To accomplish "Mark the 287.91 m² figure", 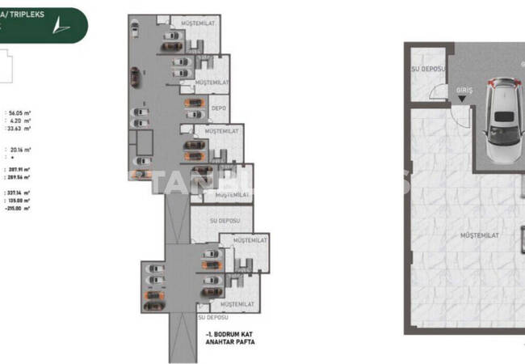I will (x=18, y=170).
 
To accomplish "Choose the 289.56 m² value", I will (x=18, y=177).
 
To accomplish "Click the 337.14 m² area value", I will (x=18, y=193).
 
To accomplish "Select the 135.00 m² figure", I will (x=18, y=201).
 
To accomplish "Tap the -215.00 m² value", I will (x=17, y=208).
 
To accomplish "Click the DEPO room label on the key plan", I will (x=218, y=107).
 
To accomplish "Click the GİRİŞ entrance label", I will (x=463, y=92).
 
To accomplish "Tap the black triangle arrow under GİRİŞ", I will (x=463, y=100).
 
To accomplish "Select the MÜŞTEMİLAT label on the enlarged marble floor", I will (x=477, y=235).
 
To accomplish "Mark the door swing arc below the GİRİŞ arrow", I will (x=456, y=117).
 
